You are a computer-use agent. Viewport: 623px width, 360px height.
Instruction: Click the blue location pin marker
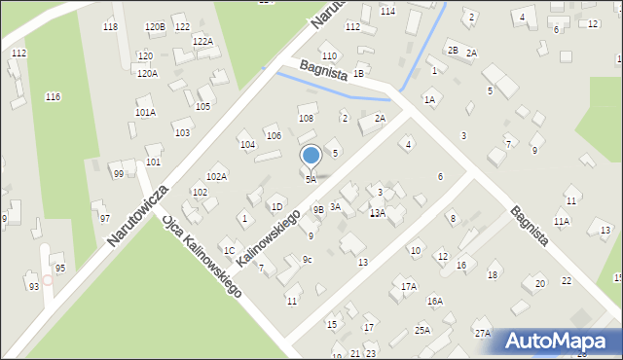coord(311,157)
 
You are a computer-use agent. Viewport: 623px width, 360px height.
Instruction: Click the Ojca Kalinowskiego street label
coord(202,255)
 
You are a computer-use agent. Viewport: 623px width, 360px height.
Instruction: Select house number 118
coord(110,26)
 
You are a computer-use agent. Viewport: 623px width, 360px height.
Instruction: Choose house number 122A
coord(202,41)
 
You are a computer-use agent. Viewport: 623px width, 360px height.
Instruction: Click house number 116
coord(53,96)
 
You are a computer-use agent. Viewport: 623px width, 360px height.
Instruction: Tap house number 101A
coord(145,112)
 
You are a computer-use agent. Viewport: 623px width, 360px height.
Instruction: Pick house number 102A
coord(216,176)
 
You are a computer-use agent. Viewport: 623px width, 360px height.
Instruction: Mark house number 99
coord(118,173)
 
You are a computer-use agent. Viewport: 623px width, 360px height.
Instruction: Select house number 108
coord(306,118)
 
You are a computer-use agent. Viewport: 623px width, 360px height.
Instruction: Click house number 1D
coord(276,206)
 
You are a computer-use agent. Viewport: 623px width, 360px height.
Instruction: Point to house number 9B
coord(318,209)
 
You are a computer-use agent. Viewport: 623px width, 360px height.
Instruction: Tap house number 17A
coord(409,286)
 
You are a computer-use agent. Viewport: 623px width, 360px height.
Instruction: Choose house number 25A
coord(422,330)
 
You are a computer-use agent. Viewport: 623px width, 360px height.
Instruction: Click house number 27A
coord(482,333)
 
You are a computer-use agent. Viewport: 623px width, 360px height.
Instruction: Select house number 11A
coord(562,222)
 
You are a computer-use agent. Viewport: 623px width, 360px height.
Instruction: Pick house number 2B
coord(452,49)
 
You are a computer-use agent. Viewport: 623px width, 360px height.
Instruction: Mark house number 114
coord(387,11)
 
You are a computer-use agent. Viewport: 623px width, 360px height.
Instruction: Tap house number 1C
coord(229,250)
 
